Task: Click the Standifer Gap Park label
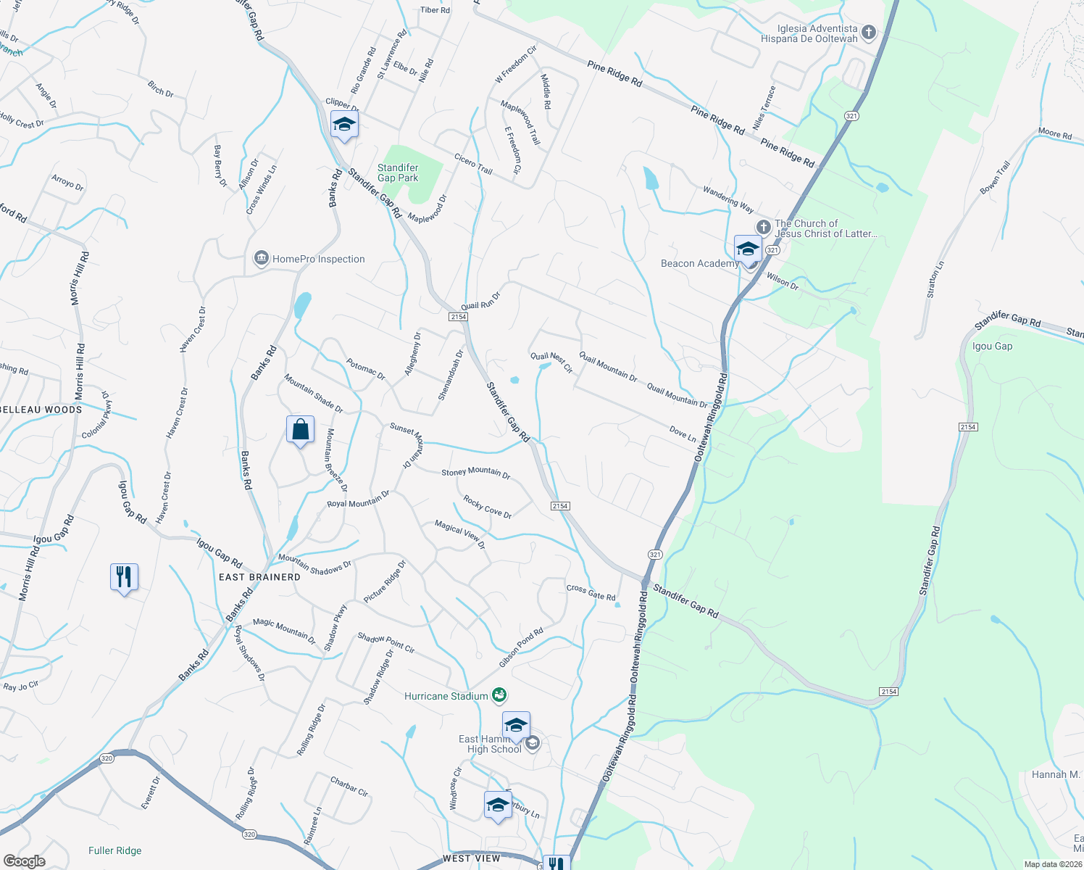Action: point(398,173)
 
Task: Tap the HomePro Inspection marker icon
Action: point(261,259)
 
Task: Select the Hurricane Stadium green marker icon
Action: point(499,696)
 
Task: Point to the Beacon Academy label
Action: point(699,264)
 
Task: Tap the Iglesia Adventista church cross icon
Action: point(868,33)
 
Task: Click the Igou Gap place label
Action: point(992,347)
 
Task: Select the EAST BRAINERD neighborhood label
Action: point(259,577)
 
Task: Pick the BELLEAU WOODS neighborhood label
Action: point(41,410)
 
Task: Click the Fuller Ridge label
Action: point(114,851)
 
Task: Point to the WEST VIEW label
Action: point(471,858)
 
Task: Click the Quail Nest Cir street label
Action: point(551,361)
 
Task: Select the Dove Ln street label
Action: point(683,434)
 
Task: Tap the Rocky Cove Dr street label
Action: point(488,507)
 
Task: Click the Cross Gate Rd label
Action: point(591,592)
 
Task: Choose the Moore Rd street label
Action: point(1054,134)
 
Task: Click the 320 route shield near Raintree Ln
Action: point(249,834)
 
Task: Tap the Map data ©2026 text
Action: point(1051,864)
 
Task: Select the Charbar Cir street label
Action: point(349,787)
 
